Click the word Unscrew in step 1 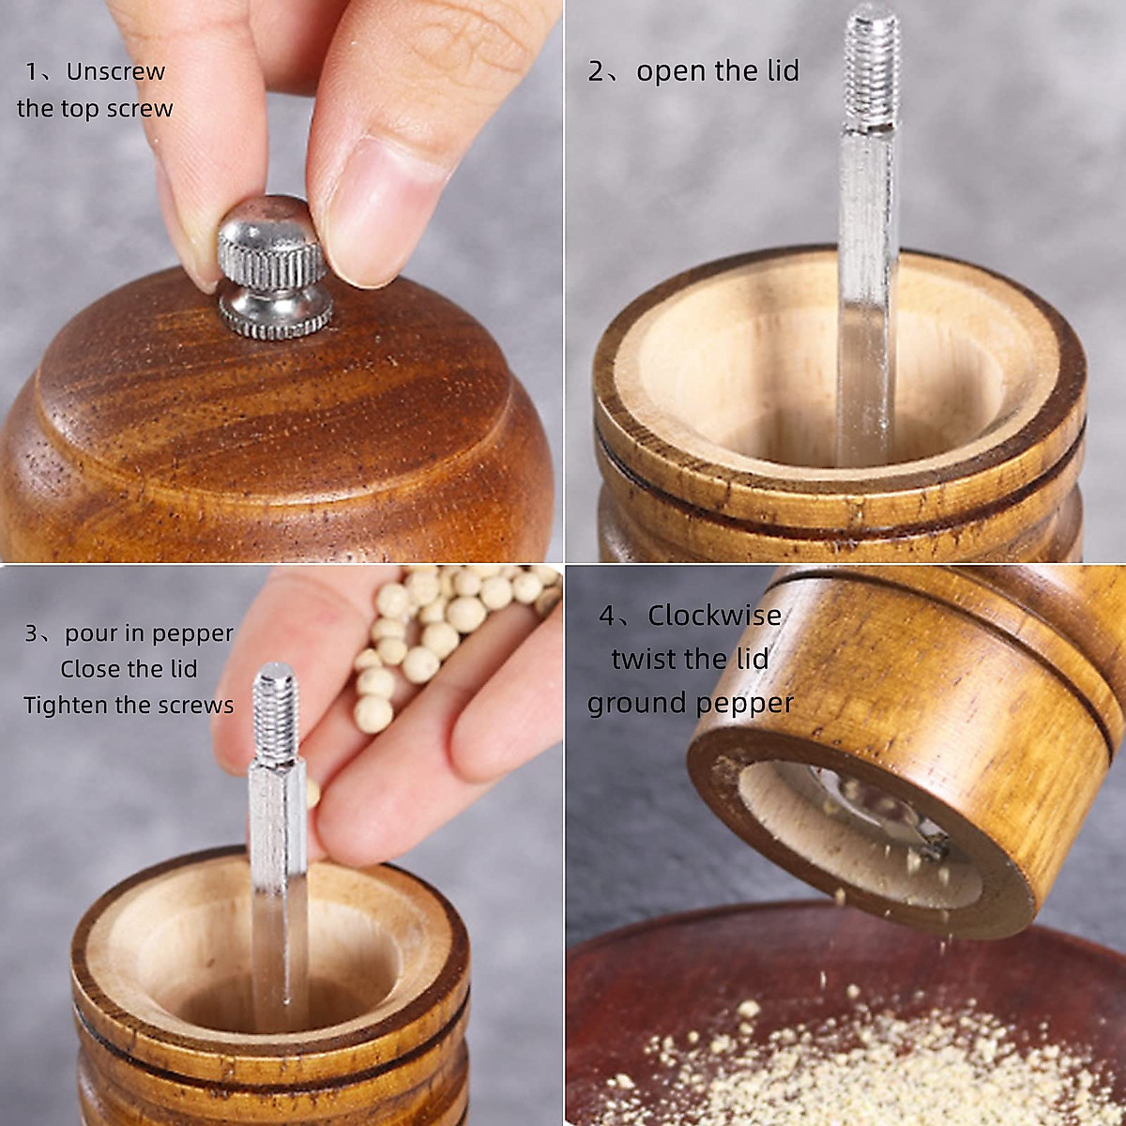[115, 71]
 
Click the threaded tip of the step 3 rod [275, 713]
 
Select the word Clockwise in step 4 [714, 616]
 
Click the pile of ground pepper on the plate [844, 1060]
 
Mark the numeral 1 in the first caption [32, 72]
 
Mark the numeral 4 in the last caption [607, 616]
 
